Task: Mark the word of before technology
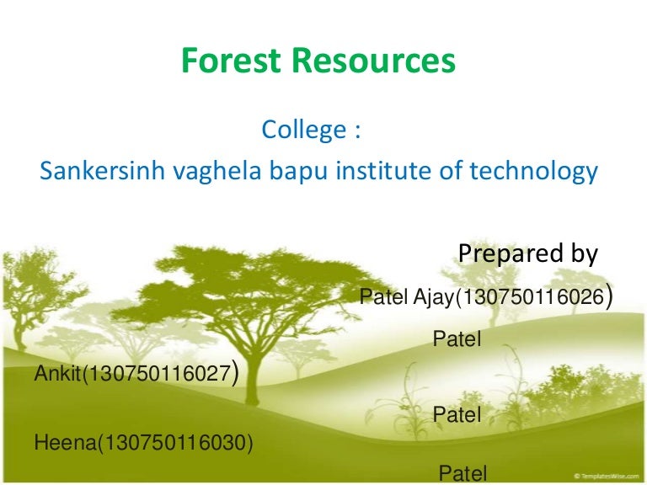447,172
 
